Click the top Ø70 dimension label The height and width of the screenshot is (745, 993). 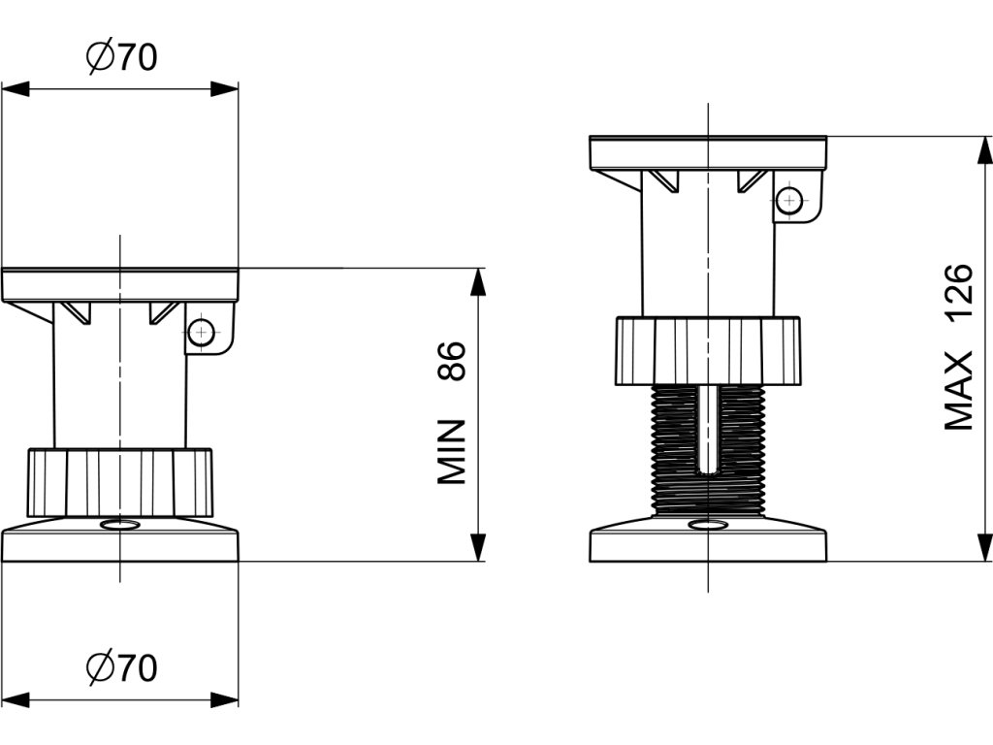[120, 58]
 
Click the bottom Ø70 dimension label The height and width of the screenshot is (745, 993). [120, 668]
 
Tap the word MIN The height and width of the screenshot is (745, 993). [452, 452]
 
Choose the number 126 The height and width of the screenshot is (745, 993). [958, 293]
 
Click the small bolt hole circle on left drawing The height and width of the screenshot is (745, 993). [201, 333]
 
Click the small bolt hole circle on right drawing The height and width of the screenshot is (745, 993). [790, 202]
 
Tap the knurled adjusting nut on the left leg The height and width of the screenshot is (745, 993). [119, 483]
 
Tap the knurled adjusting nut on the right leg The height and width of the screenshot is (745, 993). [708, 350]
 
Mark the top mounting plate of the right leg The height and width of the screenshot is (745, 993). [708, 152]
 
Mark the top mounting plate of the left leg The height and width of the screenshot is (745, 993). [119, 284]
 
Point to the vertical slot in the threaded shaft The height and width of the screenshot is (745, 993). [709, 427]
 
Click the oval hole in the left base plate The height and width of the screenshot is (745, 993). [119, 525]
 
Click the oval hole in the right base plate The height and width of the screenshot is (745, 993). [708, 525]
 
